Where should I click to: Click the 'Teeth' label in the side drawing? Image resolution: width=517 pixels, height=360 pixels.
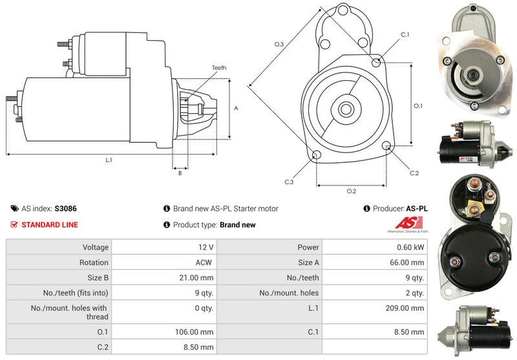[x=219, y=68]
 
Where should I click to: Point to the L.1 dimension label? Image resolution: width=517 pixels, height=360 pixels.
[x=109, y=160]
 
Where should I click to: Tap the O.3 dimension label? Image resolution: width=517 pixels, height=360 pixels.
[x=279, y=44]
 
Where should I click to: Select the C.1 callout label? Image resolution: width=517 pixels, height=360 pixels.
[x=405, y=35]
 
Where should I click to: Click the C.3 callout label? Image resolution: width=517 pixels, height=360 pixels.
[x=289, y=182]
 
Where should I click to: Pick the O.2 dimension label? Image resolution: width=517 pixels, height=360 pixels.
[x=352, y=191]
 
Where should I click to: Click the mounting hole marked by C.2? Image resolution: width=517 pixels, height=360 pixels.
[x=386, y=145]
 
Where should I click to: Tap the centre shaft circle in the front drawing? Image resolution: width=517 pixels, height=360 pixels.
[x=346, y=109]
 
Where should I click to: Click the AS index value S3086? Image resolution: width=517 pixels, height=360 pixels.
[x=66, y=209]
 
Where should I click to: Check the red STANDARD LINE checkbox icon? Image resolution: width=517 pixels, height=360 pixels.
[x=14, y=224]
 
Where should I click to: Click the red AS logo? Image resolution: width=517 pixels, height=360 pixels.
[x=409, y=223]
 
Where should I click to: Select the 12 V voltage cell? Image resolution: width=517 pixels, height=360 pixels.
[x=206, y=248]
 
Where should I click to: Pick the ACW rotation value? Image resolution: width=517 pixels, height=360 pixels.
[x=204, y=262]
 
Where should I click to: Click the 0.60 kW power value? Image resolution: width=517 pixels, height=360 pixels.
[x=410, y=248]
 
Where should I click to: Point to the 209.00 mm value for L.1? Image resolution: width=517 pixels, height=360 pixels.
[x=405, y=308]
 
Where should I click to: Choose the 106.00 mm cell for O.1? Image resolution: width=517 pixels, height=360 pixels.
[x=195, y=332]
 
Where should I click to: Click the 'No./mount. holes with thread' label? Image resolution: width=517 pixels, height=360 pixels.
[x=69, y=312]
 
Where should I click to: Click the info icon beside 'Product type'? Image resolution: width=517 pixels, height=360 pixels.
[x=167, y=224]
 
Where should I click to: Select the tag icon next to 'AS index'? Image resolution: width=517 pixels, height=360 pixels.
[x=14, y=208]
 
